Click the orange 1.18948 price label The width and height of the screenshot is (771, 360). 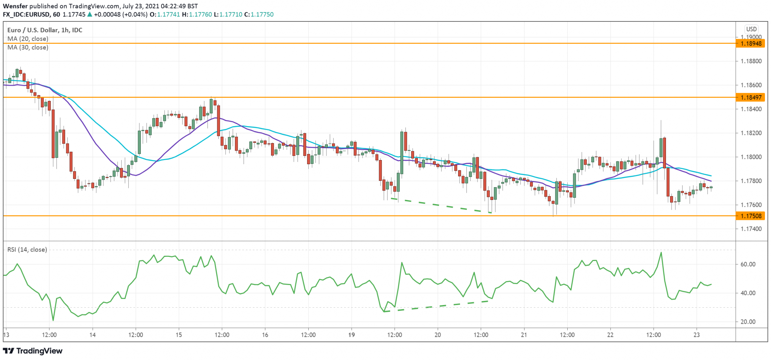pyautogui.click(x=751, y=44)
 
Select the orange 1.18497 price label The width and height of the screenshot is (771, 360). pyautogui.click(x=751, y=98)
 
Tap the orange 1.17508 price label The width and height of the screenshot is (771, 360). pyautogui.click(x=751, y=216)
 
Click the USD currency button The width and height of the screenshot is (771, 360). pyautogui.click(x=751, y=29)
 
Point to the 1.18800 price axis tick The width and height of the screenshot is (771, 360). pyautogui.click(x=751, y=61)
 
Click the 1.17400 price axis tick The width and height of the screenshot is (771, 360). pyautogui.click(x=751, y=229)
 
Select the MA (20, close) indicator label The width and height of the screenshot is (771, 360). pyautogui.click(x=28, y=39)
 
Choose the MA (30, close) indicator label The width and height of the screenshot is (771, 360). pyautogui.click(x=28, y=47)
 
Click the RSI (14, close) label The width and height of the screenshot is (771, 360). pyautogui.click(x=27, y=250)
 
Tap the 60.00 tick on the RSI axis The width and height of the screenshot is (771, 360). pyautogui.click(x=748, y=264)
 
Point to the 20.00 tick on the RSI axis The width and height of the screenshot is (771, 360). pyautogui.click(x=748, y=322)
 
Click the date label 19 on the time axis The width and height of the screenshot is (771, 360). pyautogui.click(x=351, y=335)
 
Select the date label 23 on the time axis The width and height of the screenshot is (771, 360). pyautogui.click(x=696, y=335)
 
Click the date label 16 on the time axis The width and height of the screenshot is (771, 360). pyautogui.click(x=265, y=335)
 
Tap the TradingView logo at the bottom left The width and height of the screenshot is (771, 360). pyautogui.click(x=33, y=351)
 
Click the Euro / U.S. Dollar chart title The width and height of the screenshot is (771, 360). pyautogui.click(x=44, y=30)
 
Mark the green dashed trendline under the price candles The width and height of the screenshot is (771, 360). pyautogui.click(x=440, y=205)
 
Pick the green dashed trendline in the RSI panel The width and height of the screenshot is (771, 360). pyautogui.click(x=437, y=306)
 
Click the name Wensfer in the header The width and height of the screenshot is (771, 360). pyautogui.click(x=15, y=6)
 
